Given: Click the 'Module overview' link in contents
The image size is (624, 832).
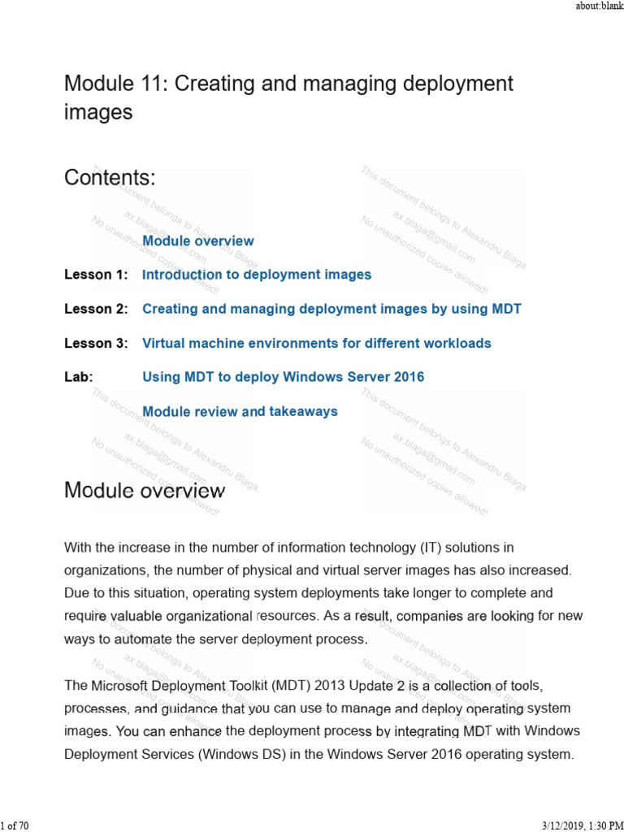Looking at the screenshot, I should pyautogui.click(x=197, y=240).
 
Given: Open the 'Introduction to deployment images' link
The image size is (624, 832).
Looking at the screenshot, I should pyautogui.click(x=257, y=275).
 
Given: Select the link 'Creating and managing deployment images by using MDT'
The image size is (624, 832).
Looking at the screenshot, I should pyautogui.click(x=331, y=309).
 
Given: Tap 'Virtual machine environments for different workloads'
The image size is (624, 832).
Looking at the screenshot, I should pyautogui.click(x=316, y=343).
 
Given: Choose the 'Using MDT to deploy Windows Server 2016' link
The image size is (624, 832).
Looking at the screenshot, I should pyautogui.click(x=283, y=377).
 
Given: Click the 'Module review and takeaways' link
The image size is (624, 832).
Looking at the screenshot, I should pyautogui.click(x=240, y=411).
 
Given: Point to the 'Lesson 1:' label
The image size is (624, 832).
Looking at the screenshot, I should pyautogui.click(x=96, y=275).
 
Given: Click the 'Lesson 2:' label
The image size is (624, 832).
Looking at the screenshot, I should pyautogui.click(x=96, y=309).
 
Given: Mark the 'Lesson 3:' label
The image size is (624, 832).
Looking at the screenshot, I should pyautogui.click(x=96, y=343).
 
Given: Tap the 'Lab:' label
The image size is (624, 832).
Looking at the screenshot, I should pyautogui.click(x=79, y=377).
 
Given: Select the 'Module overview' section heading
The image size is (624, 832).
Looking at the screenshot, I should pyautogui.click(x=144, y=490).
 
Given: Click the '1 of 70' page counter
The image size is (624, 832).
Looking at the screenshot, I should pyautogui.click(x=15, y=825).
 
